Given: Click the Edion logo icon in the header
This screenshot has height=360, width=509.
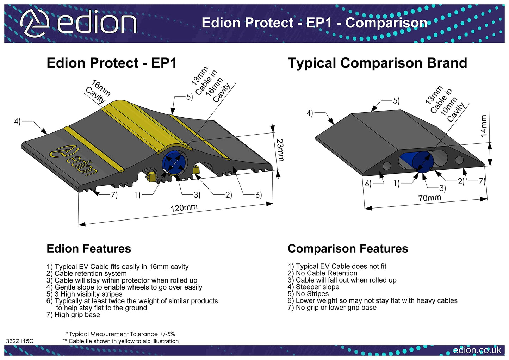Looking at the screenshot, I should (34, 23).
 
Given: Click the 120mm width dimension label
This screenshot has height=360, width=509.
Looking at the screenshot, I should (184, 208).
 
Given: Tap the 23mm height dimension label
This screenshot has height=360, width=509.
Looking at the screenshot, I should (280, 150).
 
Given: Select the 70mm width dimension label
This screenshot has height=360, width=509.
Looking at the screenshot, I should (429, 198).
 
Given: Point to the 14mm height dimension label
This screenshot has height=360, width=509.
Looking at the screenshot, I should (484, 126).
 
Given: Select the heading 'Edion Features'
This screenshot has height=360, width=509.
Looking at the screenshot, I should (89, 249).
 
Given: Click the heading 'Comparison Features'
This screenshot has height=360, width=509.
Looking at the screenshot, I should (348, 249).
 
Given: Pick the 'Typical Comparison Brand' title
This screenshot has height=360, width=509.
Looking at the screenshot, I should (377, 63).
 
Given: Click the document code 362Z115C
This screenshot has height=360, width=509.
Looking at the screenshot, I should (20, 341).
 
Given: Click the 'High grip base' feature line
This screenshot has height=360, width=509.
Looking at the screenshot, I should (73, 315).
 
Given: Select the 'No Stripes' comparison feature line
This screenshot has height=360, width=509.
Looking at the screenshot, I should (308, 294).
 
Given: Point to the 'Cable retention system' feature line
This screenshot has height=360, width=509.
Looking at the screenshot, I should (86, 274).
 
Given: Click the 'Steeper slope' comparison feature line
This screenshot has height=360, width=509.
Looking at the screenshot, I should (314, 287).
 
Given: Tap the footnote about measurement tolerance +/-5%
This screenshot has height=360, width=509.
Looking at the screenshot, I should (120, 334).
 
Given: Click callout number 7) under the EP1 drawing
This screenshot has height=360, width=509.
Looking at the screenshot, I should (114, 195).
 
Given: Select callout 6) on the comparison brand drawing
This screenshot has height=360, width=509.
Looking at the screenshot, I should (368, 184).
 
